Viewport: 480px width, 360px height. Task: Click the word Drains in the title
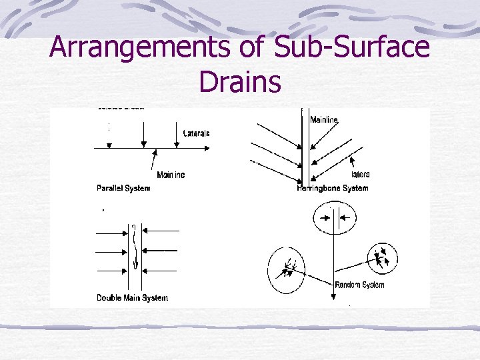[x=239, y=83]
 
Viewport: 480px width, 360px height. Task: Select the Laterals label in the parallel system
[x=196, y=133]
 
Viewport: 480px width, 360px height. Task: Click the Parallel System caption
[x=123, y=188]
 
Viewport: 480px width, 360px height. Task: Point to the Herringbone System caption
[x=332, y=188]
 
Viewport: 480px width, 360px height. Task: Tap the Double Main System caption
[x=132, y=297]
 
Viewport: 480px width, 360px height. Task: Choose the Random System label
[x=359, y=285]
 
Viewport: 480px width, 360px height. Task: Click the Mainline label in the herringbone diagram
[x=324, y=119]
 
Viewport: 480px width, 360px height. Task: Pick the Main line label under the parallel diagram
[x=171, y=175]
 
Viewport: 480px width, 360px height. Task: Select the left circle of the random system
[x=286, y=270]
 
